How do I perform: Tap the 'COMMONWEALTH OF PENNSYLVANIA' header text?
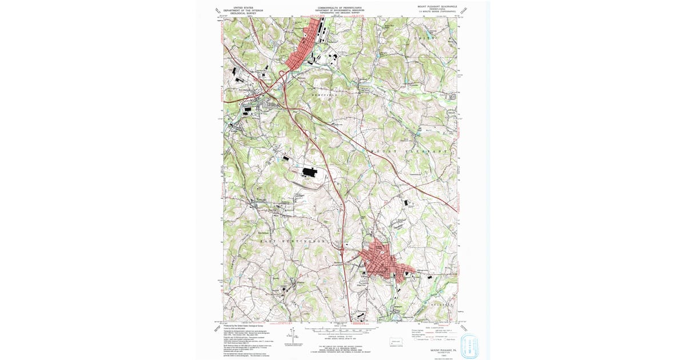click(x=341, y=7)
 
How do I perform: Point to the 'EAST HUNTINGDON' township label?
click(x=293, y=241)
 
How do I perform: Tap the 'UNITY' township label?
click(x=424, y=37)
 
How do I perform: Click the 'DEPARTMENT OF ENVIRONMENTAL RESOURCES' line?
click(x=341, y=10)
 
